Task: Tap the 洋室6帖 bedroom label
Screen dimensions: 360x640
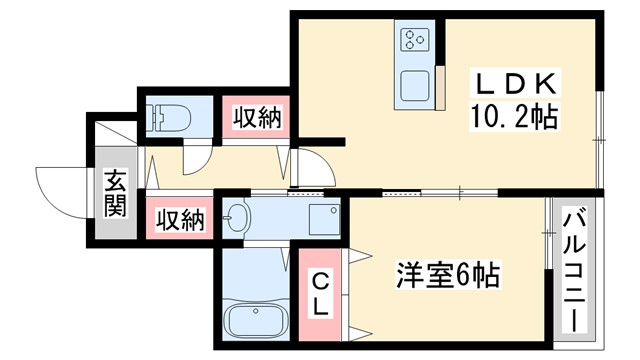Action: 447,273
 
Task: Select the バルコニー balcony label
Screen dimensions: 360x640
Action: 574,270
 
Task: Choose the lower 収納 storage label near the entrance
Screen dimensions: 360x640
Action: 179,218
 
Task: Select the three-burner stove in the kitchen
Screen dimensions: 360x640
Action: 414,40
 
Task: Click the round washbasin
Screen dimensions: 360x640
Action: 236,218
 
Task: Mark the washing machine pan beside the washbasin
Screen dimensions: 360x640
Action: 322,217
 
